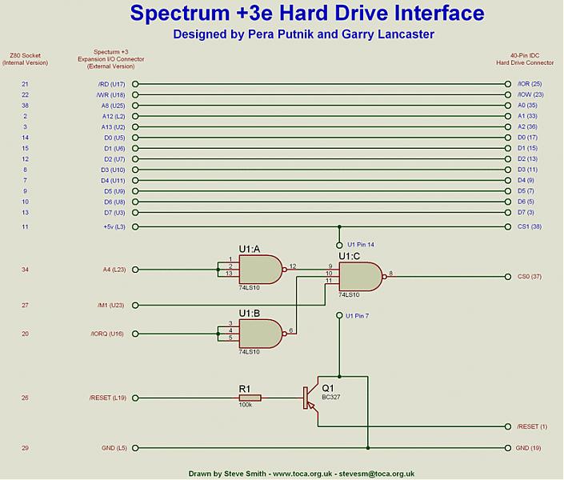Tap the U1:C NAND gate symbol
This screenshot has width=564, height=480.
359,277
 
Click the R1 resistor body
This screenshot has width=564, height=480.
250,397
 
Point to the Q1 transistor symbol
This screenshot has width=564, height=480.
310,398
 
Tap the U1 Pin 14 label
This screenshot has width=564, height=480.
362,244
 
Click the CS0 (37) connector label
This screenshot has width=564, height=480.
530,277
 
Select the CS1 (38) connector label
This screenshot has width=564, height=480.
530,226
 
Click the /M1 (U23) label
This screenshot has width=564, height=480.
110,305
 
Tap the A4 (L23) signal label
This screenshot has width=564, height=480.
112,270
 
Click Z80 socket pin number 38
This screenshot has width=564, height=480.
25,106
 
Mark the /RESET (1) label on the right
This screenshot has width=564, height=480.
533,426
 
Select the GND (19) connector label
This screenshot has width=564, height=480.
529,448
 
